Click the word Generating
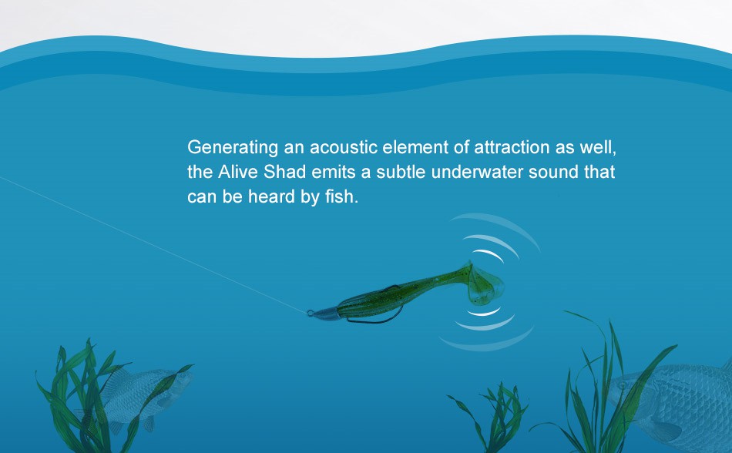click(x=233, y=148)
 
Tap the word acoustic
click(x=344, y=147)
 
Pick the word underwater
click(x=477, y=172)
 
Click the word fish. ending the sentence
click(x=341, y=196)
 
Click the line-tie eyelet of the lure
click(x=311, y=313)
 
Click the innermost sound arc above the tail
click(x=489, y=253)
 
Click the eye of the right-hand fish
click(x=623, y=386)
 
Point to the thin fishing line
click(x=153, y=244)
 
